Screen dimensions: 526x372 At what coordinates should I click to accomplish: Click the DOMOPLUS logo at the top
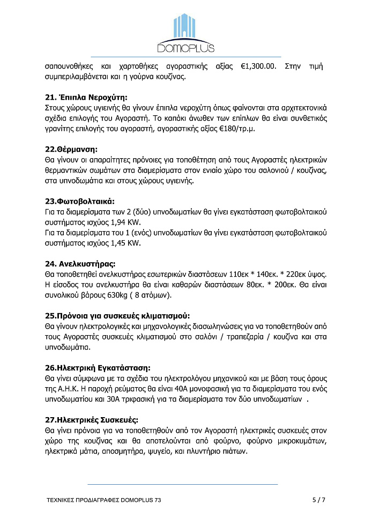pyautogui.click(x=185, y=33)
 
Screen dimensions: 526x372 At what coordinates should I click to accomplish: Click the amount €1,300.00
pyautogui.click(x=258, y=66)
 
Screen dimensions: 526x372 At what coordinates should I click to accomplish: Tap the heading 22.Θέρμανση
pyautogui.click(x=70, y=149)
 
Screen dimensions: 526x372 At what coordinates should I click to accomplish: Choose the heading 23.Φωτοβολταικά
pyautogui.click(x=80, y=201)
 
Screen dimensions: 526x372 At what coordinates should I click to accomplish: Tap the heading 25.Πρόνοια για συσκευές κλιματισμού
pyautogui.click(x=117, y=315)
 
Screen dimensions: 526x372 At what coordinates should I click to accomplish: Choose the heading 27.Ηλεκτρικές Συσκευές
pyautogui.click(x=92, y=419)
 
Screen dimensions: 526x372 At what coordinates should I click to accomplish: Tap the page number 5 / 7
pyautogui.click(x=319, y=500)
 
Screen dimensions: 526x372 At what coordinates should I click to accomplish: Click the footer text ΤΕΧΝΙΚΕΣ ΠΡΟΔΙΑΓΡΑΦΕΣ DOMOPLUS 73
pyautogui.click(x=103, y=500)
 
